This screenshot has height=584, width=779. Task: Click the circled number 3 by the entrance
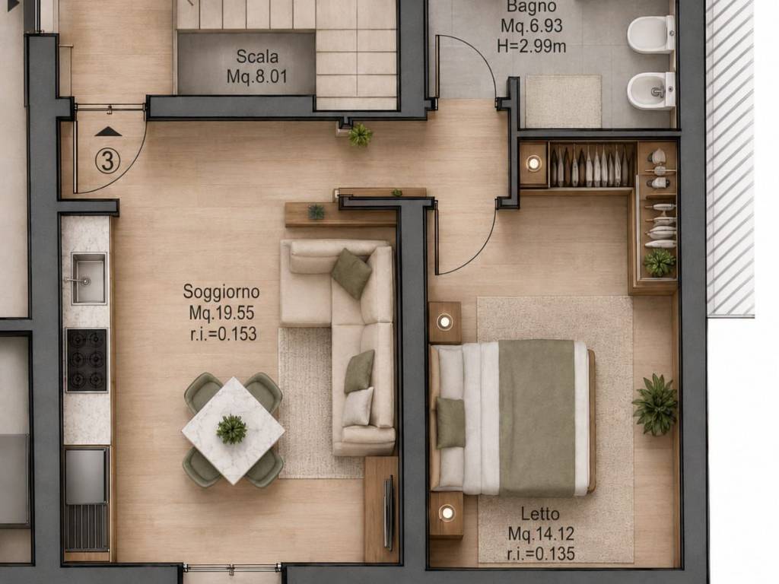[x=108, y=161]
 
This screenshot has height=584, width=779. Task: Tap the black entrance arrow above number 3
[x=108, y=132]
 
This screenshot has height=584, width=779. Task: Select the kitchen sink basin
[x=89, y=278]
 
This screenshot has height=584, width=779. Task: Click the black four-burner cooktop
[x=87, y=360]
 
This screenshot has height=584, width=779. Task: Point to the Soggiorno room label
[x=221, y=291]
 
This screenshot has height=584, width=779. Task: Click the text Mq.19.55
[x=221, y=313]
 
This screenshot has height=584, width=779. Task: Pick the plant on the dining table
[x=231, y=429]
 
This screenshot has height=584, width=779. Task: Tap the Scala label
[x=257, y=56]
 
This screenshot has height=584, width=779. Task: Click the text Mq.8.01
[x=257, y=77]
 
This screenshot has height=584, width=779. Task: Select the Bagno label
[x=532, y=7]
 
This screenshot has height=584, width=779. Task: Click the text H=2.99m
[x=532, y=46]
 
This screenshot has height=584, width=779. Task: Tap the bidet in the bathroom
[x=651, y=91]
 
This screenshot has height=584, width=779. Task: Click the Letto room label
[x=540, y=513]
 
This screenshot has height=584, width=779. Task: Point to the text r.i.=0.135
[x=541, y=554]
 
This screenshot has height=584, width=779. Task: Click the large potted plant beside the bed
[x=655, y=405]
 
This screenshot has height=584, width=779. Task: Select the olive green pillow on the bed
[x=450, y=423]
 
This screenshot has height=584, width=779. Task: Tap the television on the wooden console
[x=389, y=513]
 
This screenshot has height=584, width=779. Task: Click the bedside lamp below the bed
[x=446, y=513]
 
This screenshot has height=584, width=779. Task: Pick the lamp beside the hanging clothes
[x=534, y=163]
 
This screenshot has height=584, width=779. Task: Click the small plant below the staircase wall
[x=359, y=135]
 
